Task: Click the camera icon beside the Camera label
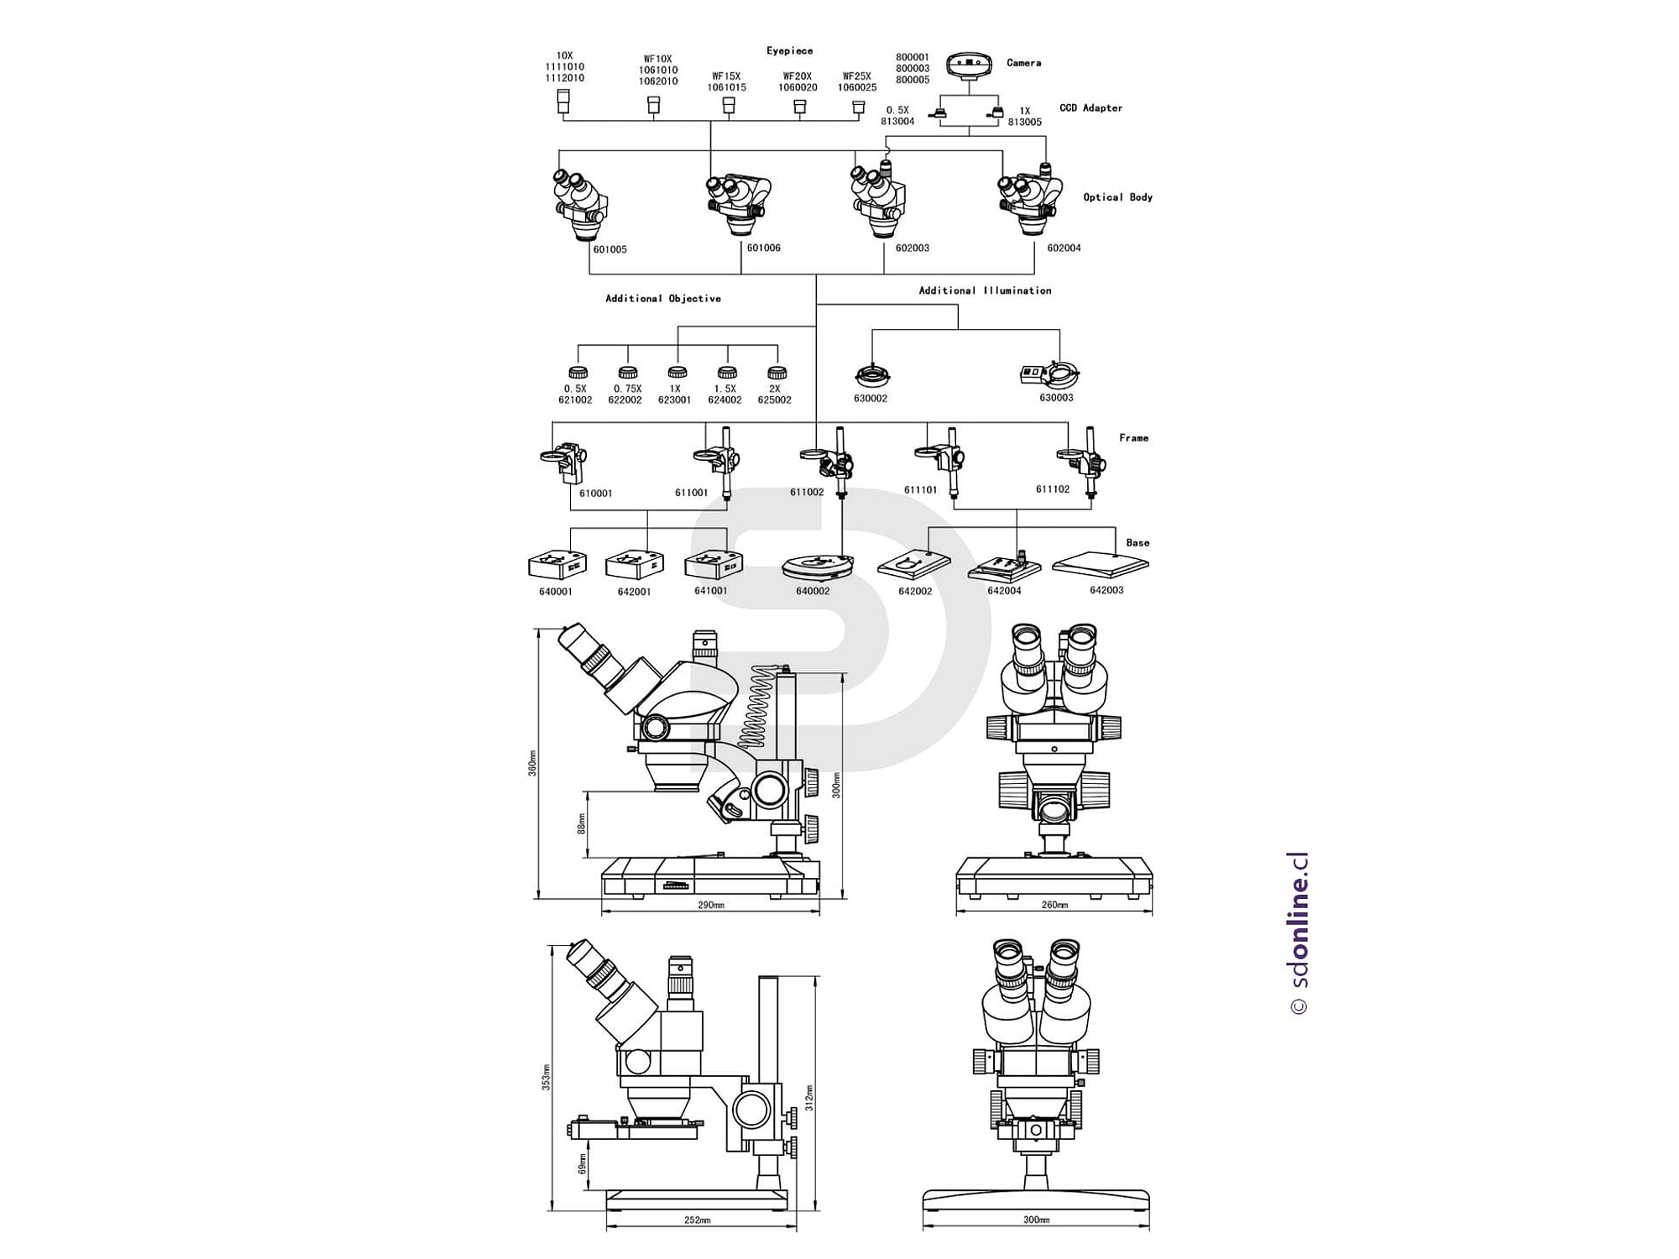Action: pos(970,65)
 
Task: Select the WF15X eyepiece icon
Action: pos(729,105)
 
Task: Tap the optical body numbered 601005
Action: pos(580,206)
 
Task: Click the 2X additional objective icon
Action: pos(777,373)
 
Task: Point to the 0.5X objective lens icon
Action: pos(577,373)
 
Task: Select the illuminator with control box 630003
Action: pos(1049,374)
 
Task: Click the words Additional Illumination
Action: pos(985,290)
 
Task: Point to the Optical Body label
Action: pos(1117,197)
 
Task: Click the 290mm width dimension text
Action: pos(710,906)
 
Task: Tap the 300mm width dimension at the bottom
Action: pos(1036,1220)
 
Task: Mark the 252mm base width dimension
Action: pos(697,1220)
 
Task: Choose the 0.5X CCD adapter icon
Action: pos(942,113)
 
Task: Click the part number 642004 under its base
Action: pos(1004,591)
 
